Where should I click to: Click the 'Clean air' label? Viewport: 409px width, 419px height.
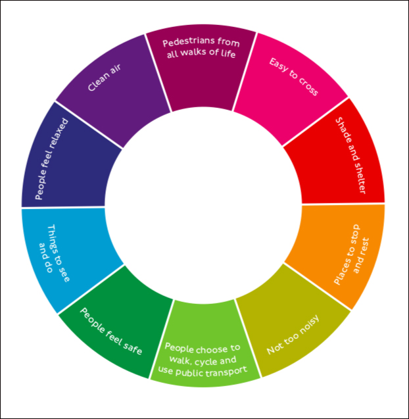click(105, 78)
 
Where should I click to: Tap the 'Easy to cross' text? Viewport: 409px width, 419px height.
click(293, 77)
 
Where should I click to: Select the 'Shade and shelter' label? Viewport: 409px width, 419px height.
click(350, 155)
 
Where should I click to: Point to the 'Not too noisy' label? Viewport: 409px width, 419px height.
click(293, 335)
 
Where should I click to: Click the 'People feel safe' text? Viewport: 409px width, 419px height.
click(111, 332)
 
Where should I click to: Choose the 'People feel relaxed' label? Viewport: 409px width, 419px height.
click(52, 159)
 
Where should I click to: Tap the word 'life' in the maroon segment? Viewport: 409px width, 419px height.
click(228, 53)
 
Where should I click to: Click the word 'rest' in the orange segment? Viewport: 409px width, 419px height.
click(366, 247)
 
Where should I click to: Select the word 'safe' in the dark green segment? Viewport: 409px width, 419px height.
click(133, 347)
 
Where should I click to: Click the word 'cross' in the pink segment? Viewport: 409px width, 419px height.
click(308, 87)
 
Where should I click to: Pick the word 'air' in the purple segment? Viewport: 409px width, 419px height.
click(116, 68)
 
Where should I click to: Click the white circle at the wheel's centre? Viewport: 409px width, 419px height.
click(203, 206)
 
